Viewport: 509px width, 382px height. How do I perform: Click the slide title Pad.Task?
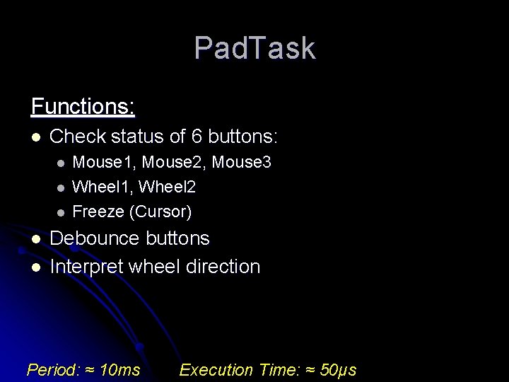pyautogui.click(x=255, y=48)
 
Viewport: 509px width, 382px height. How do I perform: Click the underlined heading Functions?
pyautogui.click(x=83, y=107)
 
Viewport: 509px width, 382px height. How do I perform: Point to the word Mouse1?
pyautogui.click(x=104, y=163)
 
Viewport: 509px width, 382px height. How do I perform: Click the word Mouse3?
pyautogui.click(x=242, y=163)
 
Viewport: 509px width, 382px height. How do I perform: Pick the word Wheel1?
pyautogui.click(x=103, y=187)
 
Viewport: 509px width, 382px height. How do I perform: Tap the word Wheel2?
pyautogui.click(x=168, y=187)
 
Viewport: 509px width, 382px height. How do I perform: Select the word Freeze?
pyautogui.click(x=98, y=212)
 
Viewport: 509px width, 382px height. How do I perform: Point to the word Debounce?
pyautogui.click(x=90, y=238)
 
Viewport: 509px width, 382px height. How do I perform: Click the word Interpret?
pyautogui.click(x=87, y=267)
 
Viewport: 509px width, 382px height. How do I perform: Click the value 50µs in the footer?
pyautogui.click(x=338, y=369)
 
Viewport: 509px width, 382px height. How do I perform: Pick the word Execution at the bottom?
pyautogui.click(x=216, y=369)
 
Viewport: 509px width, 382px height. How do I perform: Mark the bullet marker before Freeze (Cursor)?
pyautogui.click(x=62, y=212)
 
